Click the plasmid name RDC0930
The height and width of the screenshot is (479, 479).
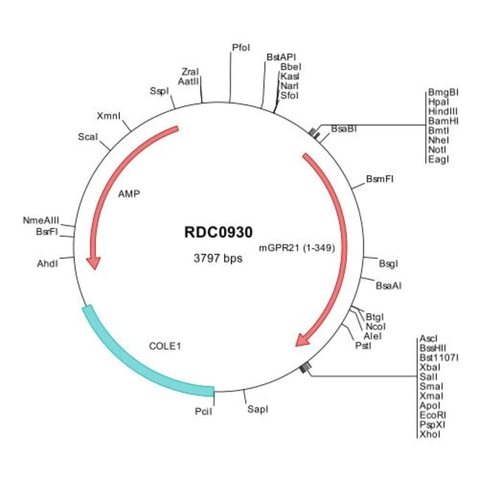pos(220,231)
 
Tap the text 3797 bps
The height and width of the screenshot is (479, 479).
pos(219,259)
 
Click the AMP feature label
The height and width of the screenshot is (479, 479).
pos(129,195)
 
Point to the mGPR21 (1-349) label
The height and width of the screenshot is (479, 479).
pos(298,248)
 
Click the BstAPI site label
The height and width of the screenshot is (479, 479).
pos(281,56)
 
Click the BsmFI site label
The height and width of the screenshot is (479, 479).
pos(380,179)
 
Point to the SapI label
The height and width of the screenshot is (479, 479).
pos(257,408)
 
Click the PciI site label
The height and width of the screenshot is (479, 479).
pos(203,412)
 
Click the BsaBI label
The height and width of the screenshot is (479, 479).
pos(343,128)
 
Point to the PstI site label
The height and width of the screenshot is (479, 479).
pos(363,345)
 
